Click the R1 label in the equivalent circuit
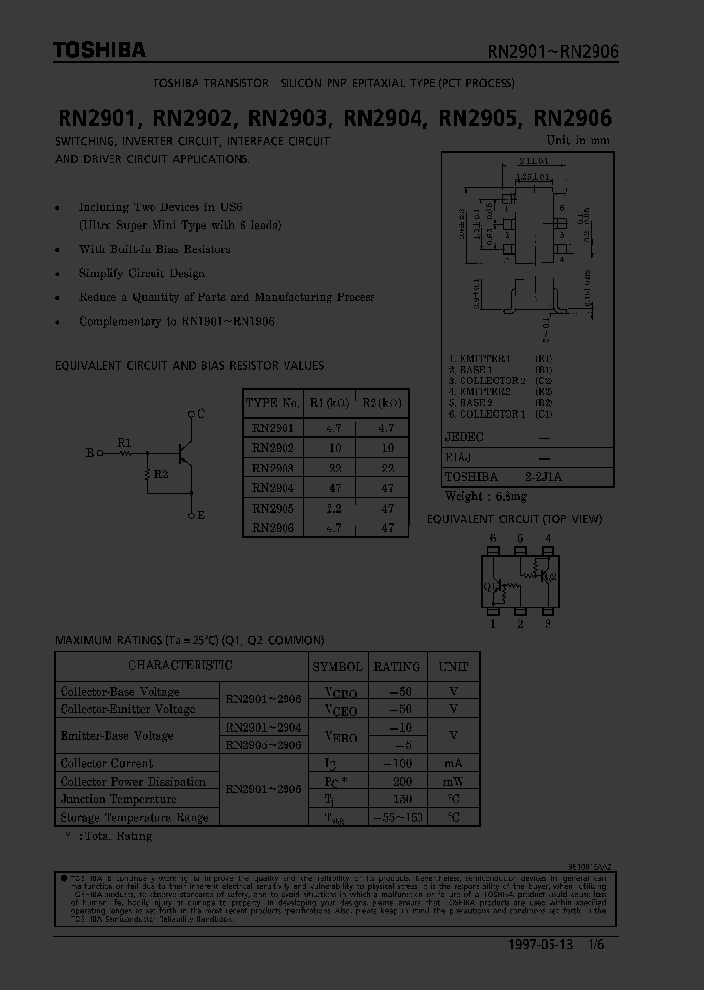pyautogui.click(x=124, y=443)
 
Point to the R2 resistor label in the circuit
pyautogui.click(x=161, y=473)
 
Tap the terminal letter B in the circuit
pyautogui.click(x=90, y=453)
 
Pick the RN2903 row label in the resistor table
pyautogui.click(x=273, y=469)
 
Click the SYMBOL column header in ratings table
pyautogui.click(x=337, y=666)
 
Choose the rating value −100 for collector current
pyautogui.click(x=397, y=763)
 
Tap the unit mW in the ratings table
pyautogui.click(x=453, y=782)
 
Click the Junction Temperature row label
pyautogui.click(x=106, y=799)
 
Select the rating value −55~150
pyautogui.click(x=397, y=818)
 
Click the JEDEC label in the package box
pyautogui.click(x=464, y=437)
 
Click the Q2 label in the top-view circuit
pyautogui.click(x=550, y=577)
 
